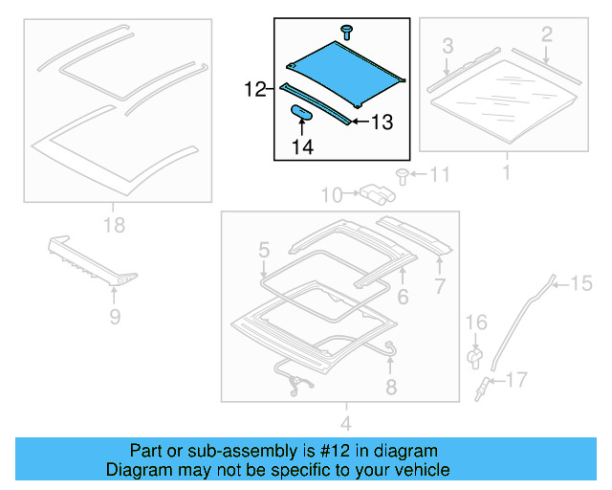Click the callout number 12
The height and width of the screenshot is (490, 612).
pos(253,90)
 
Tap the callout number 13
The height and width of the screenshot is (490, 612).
pos(382,122)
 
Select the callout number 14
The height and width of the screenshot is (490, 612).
pos(302,146)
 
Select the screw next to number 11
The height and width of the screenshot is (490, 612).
pos(403,175)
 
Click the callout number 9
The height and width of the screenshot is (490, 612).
pos(115,316)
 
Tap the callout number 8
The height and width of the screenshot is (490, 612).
pos(390,386)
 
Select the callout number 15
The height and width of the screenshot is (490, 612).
pos(581,282)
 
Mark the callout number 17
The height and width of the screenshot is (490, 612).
pos(515,381)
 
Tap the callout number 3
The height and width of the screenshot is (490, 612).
pos(447,45)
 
